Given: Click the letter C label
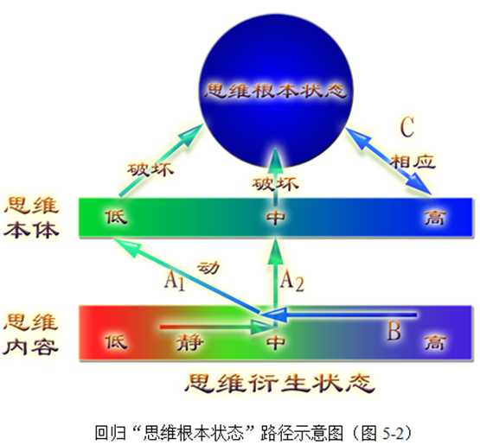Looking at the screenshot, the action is point(407,127).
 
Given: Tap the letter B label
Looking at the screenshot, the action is point(394,330).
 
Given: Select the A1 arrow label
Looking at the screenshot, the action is point(175,281).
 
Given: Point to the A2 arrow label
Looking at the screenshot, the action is point(292,281).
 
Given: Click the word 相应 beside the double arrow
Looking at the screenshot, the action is point(413,162).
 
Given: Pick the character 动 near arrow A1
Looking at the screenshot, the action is point(208,267).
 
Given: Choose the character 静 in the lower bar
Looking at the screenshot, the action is point(189,342).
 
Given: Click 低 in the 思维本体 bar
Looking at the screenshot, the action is point(116,217).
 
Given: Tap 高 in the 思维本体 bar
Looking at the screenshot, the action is point(435,218).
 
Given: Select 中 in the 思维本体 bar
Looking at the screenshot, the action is point(276,218).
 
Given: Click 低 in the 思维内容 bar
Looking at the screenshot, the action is point(116,342).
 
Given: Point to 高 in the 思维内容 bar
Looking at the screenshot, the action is point(435,342).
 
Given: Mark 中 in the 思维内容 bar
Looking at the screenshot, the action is point(276,342).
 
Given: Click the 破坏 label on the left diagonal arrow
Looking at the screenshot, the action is point(150,169).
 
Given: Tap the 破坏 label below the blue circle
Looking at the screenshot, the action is point(275,184).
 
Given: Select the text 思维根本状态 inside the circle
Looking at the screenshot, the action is point(276,91).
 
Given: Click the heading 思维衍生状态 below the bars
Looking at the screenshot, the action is point(279,383).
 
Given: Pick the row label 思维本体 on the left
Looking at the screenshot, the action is point(31,218).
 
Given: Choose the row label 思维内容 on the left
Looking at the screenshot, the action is point(30,334).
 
